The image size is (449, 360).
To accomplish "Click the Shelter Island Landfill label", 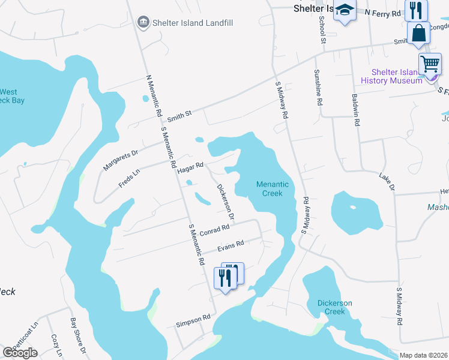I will (193, 23).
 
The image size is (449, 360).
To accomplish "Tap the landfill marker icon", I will (143, 23).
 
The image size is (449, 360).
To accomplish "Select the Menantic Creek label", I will (273, 189).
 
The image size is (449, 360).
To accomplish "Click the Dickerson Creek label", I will (334, 307).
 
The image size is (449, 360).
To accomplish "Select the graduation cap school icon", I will (345, 10).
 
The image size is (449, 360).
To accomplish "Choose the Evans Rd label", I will (231, 245).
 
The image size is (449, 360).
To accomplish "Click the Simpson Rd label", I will (193, 321).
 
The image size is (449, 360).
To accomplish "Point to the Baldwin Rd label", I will (356, 110).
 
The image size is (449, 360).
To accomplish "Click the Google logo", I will (20, 353).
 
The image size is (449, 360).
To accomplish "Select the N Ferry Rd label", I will (383, 13).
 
